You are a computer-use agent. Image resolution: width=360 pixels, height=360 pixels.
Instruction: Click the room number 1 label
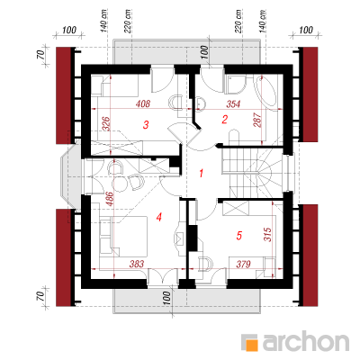click(x=202, y=174)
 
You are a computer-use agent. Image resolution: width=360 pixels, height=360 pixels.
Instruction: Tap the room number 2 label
click(x=224, y=120)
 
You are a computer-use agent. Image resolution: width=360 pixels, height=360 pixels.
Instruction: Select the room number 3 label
click(x=146, y=125)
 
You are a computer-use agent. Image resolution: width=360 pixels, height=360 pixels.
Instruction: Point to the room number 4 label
click(x=159, y=217)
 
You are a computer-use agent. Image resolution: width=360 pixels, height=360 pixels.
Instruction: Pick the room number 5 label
click(x=238, y=236)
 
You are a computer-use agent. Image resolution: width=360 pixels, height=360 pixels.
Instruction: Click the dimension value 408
click(x=143, y=104)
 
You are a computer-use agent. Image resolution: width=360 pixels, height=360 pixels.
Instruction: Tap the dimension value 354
click(x=233, y=104)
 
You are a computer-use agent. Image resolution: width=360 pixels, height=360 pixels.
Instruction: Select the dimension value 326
click(x=106, y=123)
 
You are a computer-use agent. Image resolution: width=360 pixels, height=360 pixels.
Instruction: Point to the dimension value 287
click(x=257, y=120)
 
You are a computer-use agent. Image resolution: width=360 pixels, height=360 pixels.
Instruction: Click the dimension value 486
click(x=109, y=199)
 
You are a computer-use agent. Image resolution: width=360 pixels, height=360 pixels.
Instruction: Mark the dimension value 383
click(x=137, y=264)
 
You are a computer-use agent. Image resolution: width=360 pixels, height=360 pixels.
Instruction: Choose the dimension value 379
click(x=243, y=264)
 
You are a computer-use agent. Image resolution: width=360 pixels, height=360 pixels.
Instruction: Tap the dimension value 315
click(x=267, y=234)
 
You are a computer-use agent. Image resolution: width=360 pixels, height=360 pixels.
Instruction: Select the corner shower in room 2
click(x=235, y=85)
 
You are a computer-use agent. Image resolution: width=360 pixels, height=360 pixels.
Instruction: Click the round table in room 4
click(x=120, y=183)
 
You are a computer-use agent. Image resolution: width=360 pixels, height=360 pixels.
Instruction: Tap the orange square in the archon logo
click(x=252, y=344)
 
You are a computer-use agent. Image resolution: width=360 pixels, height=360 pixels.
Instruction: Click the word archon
click(x=306, y=341)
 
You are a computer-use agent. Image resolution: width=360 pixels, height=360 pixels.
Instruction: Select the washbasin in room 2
click(x=201, y=103)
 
